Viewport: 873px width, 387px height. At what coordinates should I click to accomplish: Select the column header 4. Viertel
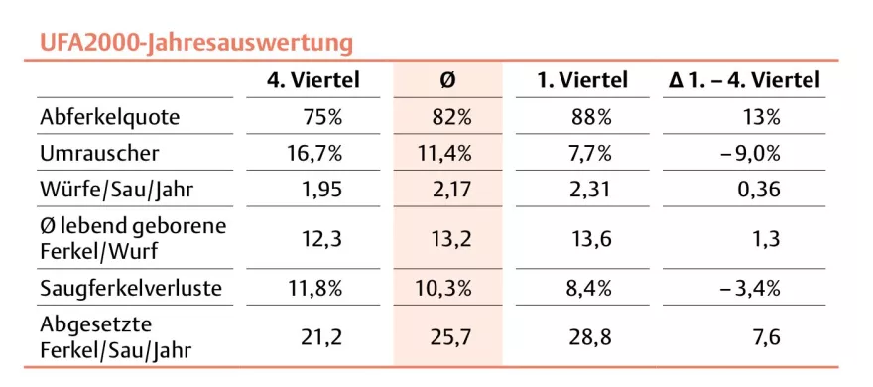(x=312, y=81)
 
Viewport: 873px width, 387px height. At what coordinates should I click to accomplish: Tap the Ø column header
(x=446, y=81)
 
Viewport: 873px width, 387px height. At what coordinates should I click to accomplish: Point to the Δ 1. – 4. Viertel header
(x=745, y=81)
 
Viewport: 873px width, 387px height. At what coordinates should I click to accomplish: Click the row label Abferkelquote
(x=110, y=117)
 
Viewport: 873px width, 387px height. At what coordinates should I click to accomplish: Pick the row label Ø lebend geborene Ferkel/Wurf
(x=133, y=238)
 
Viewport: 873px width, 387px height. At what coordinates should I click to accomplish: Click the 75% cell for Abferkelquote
(x=322, y=117)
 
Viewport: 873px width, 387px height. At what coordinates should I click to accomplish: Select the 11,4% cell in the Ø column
(x=450, y=153)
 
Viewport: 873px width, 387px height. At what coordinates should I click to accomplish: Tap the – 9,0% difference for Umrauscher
(x=751, y=153)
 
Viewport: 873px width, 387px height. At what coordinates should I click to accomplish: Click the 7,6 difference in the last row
(x=766, y=337)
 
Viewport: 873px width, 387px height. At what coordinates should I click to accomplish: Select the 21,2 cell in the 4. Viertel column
(x=321, y=337)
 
